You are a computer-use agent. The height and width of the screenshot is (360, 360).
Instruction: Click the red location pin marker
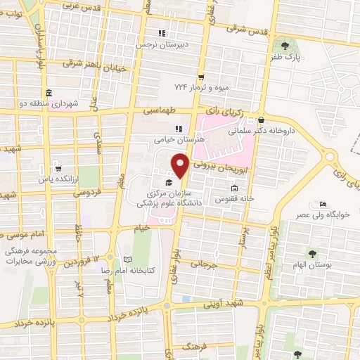click(x=181, y=166)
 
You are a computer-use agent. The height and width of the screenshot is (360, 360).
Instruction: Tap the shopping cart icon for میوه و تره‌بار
click(x=201, y=77)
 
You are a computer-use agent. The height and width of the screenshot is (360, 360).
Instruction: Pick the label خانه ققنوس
click(x=234, y=199)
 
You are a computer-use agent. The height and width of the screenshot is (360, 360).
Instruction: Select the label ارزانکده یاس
click(x=58, y=180)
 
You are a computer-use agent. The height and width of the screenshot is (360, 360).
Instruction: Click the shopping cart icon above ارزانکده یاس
click(x=58, y=169)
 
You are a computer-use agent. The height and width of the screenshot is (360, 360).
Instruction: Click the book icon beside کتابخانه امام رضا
click(x=127, y=259)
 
